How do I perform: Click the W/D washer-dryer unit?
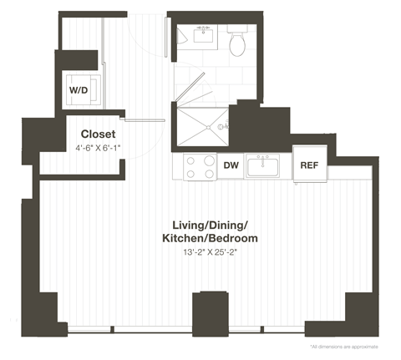pos(79,89)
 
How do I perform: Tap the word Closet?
pos(98,134)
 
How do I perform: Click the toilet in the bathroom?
pos(237,42)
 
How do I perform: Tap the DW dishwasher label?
pos(231,166)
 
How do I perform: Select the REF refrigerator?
pos(309,165)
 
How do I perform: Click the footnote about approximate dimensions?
pos(343,346)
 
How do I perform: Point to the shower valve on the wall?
pos(222,128)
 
